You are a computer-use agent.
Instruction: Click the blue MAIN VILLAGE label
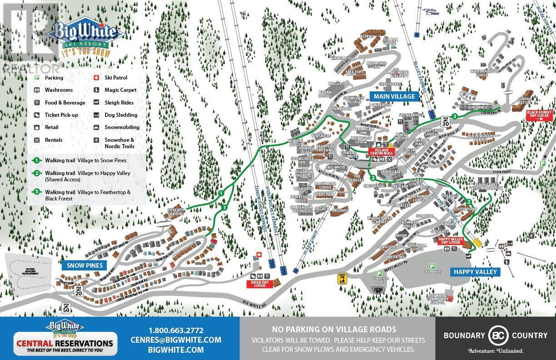[394, 96]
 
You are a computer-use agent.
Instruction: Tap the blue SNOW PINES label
[84, 265]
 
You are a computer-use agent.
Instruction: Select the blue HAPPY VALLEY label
[474, 272]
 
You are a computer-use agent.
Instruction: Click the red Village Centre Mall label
[382, 152]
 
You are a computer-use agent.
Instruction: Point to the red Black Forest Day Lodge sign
[539, 114]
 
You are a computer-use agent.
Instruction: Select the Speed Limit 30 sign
[445, 121]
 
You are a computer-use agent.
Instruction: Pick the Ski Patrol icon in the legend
[96, 78]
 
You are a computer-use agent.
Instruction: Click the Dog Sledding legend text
[121, 115]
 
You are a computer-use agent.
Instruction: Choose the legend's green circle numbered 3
[36, 192]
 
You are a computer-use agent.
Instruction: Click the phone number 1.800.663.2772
[176, 330]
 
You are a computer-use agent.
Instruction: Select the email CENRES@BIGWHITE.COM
[176, 340]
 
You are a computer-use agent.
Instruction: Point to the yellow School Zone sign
[342, 278]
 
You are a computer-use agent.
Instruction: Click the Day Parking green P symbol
[432, 266]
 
